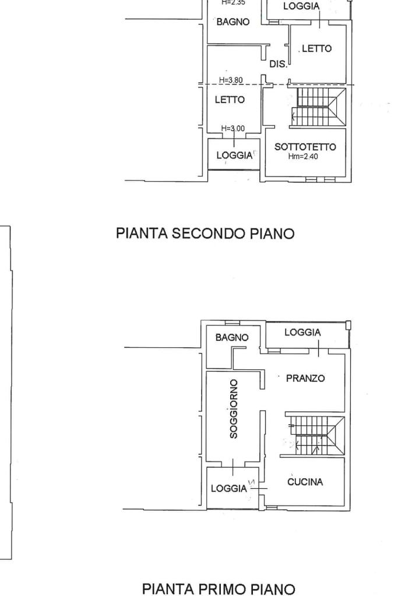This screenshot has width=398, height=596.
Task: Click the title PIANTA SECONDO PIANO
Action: coord(205,234)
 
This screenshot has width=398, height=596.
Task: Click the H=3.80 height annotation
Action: coord(231,80)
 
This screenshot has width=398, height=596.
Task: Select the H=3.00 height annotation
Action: coord(233,129)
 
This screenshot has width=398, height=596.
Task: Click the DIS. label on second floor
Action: coord(278,65)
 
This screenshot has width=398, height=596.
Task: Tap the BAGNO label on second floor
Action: coord(233,22)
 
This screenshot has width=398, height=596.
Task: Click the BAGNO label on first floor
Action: coord(231,337)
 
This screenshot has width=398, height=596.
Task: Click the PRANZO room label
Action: coord(305,378)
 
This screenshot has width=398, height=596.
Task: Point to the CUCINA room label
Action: coord(305,482)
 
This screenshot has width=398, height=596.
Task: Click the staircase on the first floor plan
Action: coord(315,435)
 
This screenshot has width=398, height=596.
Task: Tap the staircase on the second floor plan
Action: coord(318,107)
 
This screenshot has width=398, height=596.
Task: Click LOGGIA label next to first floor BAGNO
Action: coord(302,332)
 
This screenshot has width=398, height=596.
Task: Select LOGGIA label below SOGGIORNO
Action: coord(229,489)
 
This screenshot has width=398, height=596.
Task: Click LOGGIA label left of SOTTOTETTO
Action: coord(234,156)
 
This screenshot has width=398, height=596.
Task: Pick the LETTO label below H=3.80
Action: coord(230,100)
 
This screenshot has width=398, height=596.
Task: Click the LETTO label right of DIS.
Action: coord(316,49)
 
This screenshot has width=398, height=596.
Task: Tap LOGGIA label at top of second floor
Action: coord(301,6)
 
